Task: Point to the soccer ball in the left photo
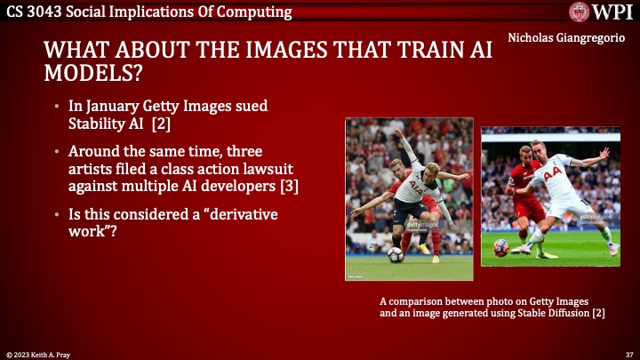(x=395, y=255)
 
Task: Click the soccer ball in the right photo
(x=501, y=248)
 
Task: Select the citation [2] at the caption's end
(x=599, y=314)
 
